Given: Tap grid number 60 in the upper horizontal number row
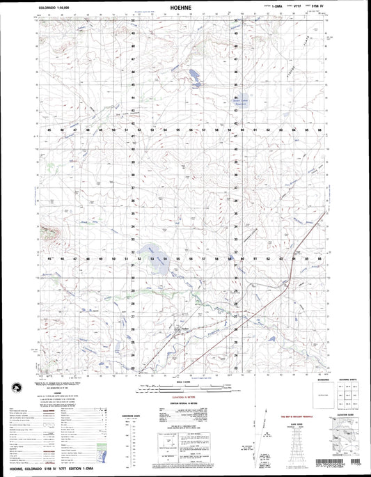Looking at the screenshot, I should (242, 130).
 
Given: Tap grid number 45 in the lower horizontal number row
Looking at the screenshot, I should (49, 259).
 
